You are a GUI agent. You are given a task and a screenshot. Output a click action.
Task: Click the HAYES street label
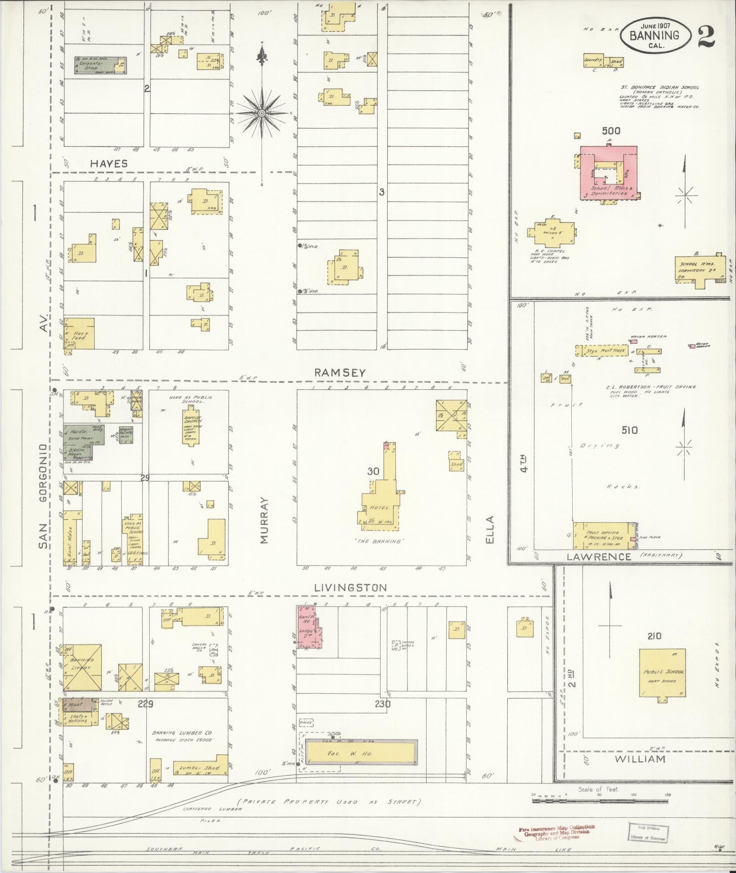point(109,163)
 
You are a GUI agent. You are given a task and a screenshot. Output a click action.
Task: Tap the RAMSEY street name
point(340,373)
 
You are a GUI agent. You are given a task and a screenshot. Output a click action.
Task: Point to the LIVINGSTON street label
point(350,588)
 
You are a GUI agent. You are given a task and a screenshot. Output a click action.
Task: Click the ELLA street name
point(490,529)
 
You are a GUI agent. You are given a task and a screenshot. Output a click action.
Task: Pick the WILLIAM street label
point(640,759)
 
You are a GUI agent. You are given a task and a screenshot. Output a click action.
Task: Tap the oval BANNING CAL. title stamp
point(654,35)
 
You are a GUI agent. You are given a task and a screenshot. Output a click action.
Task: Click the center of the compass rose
point(262,113)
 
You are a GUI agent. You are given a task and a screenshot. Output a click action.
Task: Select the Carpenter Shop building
point(100,65)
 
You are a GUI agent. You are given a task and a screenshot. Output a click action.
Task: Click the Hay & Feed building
point(79,334)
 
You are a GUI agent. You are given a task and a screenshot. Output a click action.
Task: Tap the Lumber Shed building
point(199,768)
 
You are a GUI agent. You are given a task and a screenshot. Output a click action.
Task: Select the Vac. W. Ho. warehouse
point(360,753)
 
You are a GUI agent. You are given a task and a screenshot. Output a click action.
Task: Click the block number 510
point(629,430)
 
